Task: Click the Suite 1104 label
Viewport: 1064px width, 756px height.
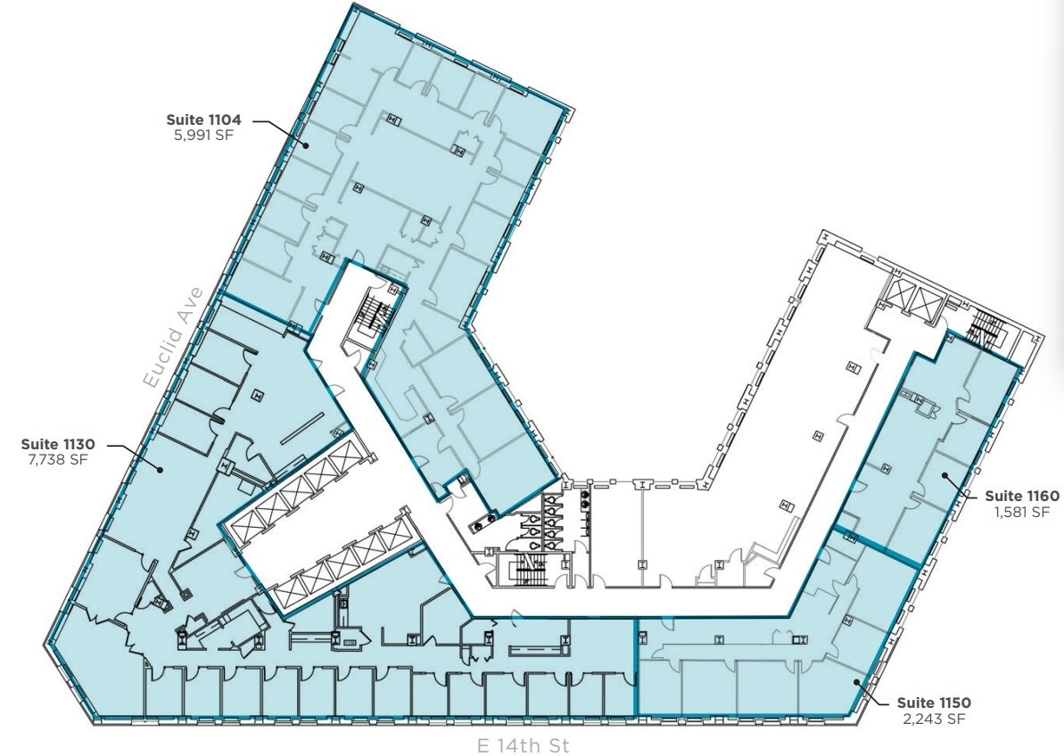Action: pos(203,119)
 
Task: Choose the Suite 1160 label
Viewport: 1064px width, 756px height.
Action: pos(1021,496)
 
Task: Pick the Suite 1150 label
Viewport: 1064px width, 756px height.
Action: pos(933,702)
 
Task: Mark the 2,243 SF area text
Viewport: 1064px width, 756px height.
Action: pos(933,719)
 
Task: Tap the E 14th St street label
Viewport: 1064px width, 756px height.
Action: pos(523,744)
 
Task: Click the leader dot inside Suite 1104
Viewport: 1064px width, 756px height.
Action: pos(304,144)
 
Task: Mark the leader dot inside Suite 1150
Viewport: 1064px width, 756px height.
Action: pos(857,682)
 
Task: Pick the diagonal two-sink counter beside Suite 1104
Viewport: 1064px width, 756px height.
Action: pos(487,514)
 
